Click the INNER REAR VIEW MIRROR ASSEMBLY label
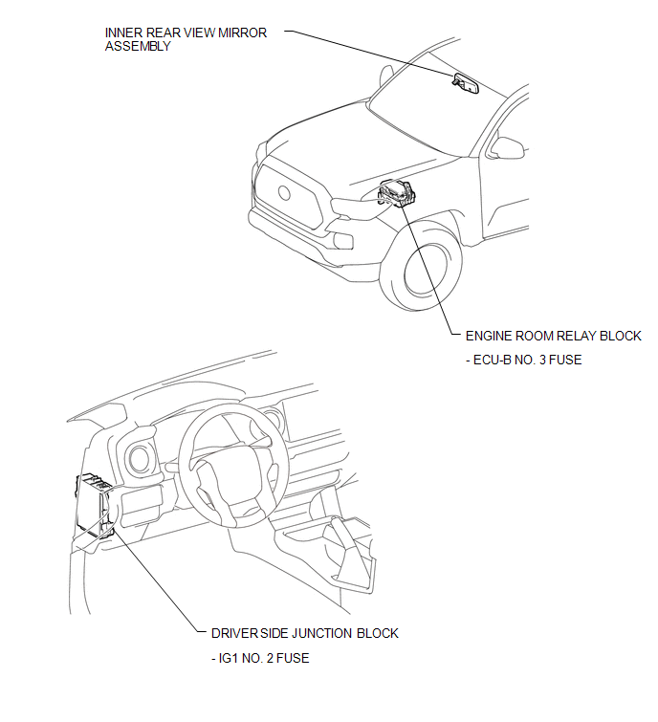186,39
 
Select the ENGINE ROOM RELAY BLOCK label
553,336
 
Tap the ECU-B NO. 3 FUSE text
523,361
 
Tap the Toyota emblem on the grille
285,191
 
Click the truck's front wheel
427,270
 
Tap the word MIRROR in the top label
244,33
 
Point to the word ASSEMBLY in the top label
138,46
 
